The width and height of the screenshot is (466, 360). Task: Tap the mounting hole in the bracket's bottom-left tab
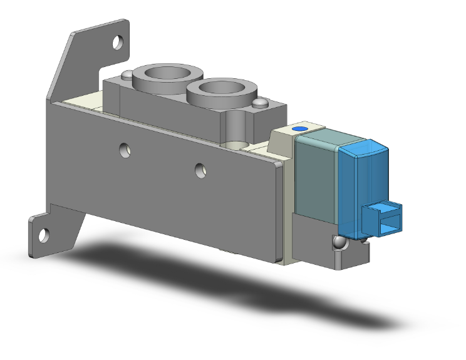(x=43, y=235)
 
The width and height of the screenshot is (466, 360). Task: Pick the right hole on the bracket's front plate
(x=200, y=168)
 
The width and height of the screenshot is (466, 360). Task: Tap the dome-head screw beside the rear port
(x=128, y=76)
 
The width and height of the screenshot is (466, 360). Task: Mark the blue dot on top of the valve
(x=300, y=128)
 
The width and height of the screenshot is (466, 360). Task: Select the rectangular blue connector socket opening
(x=386, y=218)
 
